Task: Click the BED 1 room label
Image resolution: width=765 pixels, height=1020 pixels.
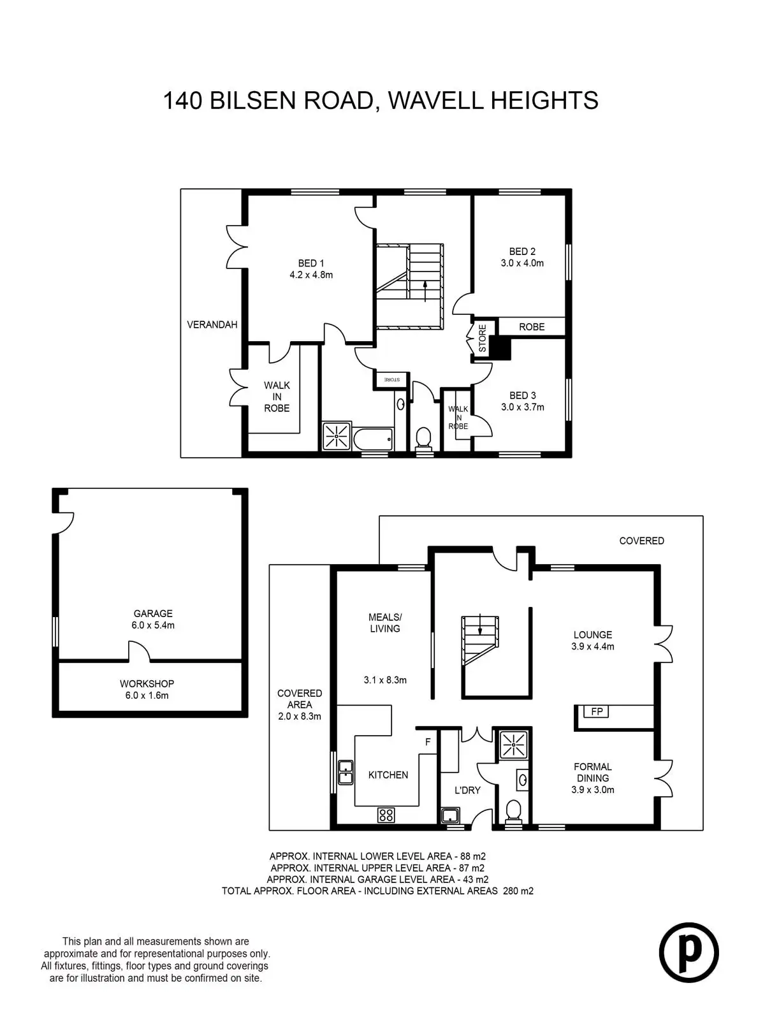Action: click(310, 263)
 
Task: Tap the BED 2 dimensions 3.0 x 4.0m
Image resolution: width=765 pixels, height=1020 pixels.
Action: click(522, 263)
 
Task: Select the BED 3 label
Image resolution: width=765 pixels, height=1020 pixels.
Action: click(523, 395)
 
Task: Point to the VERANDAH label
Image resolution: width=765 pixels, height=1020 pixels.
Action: click(212, 325)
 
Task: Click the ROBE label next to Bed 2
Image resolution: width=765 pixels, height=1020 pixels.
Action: click(532, 327)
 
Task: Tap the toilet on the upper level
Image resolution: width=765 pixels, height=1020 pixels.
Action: click(423, 438)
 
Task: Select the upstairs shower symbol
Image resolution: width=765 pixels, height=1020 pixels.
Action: click(337, 436)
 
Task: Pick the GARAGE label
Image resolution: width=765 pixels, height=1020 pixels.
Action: click(153, 613)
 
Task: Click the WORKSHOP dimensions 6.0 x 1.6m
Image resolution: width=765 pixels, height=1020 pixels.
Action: click(147, 696)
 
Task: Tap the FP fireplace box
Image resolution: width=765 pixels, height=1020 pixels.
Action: click(597, 711)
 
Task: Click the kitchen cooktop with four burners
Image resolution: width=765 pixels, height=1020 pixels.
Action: click(386, 815)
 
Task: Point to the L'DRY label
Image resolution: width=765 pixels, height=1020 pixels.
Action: click(467, 790)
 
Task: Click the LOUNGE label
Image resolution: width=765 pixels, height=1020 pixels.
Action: click(593, 635)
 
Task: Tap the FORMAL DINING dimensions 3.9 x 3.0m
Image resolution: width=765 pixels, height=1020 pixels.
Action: click(593, 789)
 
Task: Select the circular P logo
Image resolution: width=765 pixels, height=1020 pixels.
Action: click(689, 952)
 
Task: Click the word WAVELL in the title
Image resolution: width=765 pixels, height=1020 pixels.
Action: click(435, 100)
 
